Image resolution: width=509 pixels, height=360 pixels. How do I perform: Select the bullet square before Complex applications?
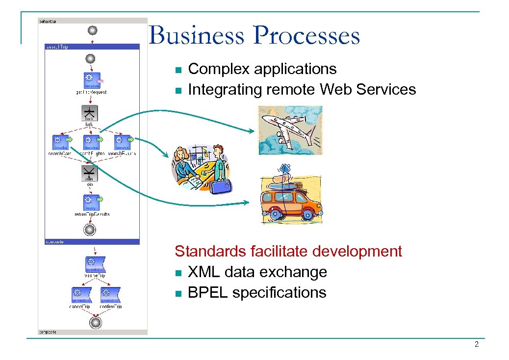click(178, 70)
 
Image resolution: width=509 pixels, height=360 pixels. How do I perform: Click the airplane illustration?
click(290, 130)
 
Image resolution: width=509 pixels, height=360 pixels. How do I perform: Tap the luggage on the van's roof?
click(284, 180)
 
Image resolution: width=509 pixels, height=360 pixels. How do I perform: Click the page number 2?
click(476, 345)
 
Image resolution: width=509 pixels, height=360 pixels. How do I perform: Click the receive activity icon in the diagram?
click(91, 80)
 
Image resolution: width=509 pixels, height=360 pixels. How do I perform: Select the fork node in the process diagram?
click(89, 113)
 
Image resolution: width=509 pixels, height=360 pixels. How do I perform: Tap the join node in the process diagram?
click(89, 173)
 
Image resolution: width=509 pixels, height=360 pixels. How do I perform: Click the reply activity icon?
click(91, 202)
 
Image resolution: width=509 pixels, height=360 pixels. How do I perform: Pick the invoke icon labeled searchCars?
click(61, 142)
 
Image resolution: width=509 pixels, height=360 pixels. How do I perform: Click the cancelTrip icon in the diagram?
click(80, 295)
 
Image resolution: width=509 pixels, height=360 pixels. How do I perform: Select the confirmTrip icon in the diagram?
click(110, 295)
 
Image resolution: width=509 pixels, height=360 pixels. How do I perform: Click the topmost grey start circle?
click(92, 30)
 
